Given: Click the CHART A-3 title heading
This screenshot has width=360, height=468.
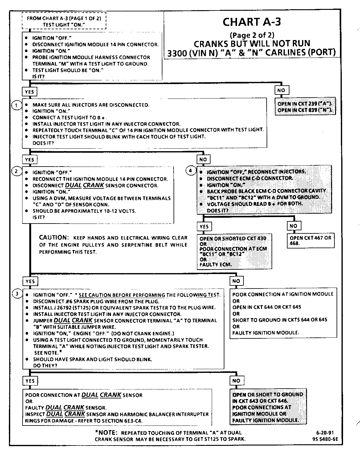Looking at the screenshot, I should pos(252,22).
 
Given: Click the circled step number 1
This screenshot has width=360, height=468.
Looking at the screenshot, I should pos(16,105).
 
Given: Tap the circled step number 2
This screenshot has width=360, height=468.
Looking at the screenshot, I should pos(16,171).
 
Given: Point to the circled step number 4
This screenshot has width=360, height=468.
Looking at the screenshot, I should pos(190,171).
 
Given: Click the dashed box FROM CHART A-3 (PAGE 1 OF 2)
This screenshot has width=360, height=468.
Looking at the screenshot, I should pos(64,21).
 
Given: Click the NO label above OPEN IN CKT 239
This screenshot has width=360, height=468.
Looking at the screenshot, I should pos(281,90).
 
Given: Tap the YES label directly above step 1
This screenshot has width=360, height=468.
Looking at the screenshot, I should pos(29,92).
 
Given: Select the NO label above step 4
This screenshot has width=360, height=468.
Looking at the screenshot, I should pos(203,159).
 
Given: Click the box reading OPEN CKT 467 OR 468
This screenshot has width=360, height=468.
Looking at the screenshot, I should pos(310,241).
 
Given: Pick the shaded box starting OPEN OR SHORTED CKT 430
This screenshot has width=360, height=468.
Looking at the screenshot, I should pos(234,252).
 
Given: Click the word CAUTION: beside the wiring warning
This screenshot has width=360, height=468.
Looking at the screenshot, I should pos(53,237).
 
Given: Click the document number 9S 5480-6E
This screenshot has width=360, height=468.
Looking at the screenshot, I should pos(325,439).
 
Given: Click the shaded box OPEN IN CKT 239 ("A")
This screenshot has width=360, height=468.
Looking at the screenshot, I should pos(305,107).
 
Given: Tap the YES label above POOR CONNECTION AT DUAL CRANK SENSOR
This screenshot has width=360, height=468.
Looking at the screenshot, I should pos(30,381).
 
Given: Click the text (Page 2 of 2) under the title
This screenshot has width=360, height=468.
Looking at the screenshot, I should pos(252,35).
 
